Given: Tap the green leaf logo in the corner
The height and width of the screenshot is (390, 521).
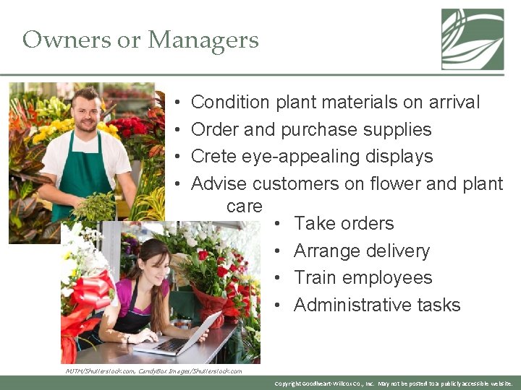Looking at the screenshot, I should (x=473, y=39).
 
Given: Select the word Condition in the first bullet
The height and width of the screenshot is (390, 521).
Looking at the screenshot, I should (x=229, y=103).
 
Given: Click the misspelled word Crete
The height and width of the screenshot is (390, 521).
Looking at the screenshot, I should (x=213, y=157).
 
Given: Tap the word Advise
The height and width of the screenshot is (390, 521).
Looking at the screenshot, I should (x=219, y=184).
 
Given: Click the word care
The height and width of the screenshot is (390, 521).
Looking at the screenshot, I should (x=244, y=206).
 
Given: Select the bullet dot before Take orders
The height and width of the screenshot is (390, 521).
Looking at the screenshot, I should (x=279, y=225).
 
